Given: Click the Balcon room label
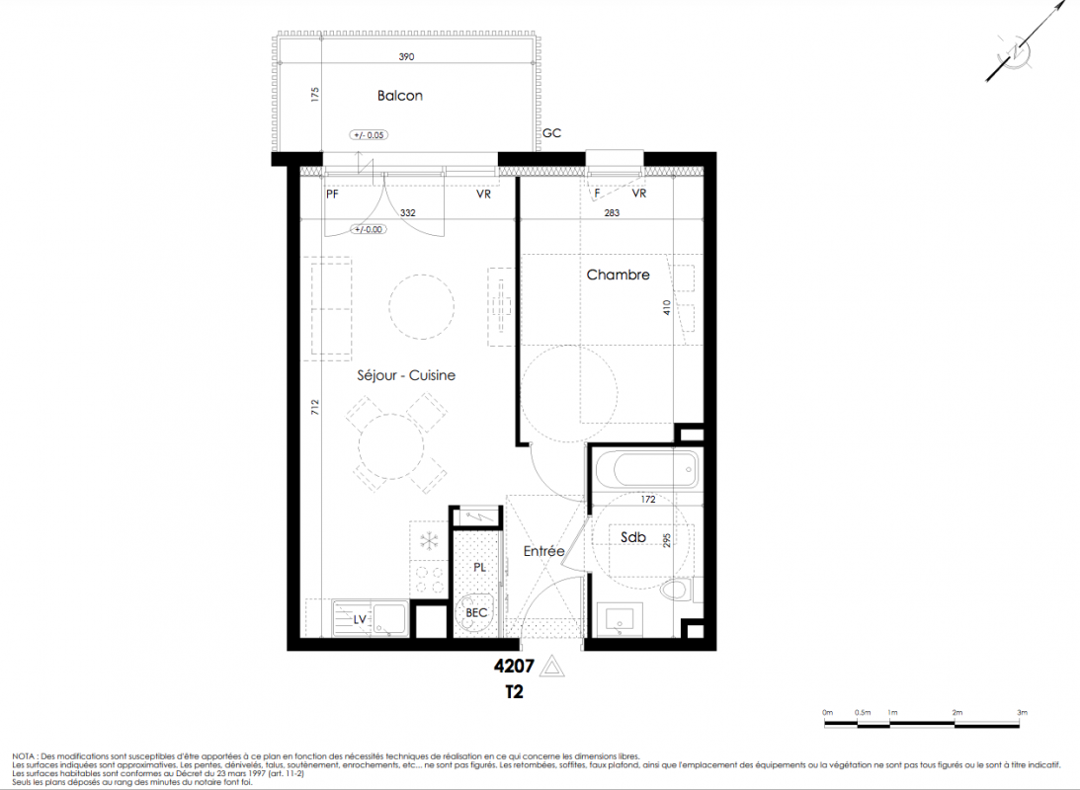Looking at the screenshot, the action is click(x=399, y=96).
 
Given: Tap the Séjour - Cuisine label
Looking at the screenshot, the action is click(x=406, y=375).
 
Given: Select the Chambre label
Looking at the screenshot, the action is click(x=618, y=275).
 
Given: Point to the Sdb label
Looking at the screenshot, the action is click(x=633, y=536).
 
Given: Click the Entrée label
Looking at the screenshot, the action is click(x=543, y=551).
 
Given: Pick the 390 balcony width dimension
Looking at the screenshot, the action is click(x=406, y=57).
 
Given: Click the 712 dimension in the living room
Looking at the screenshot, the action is click(x=315, y=408).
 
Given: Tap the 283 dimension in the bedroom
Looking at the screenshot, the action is click(x=612, y=212).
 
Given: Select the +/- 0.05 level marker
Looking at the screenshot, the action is click(x=369, y=135).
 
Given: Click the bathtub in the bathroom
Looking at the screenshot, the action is click(x=646, y=469).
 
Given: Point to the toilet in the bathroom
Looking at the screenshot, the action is click(x=677, y=590).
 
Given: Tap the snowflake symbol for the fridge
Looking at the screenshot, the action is click(x=429, y=541).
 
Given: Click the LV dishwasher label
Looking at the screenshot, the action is click(x=360, y=619).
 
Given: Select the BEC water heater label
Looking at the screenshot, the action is click(x=476, y=612).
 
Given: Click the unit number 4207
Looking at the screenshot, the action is click(x=514, y=666).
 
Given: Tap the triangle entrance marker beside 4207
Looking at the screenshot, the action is click(x=551, y=667).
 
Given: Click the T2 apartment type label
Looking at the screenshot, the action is click(x=514, y=691).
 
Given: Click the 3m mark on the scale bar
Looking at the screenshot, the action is click(x=1022, y=713).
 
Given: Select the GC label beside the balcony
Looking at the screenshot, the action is click(x=551, y=132).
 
